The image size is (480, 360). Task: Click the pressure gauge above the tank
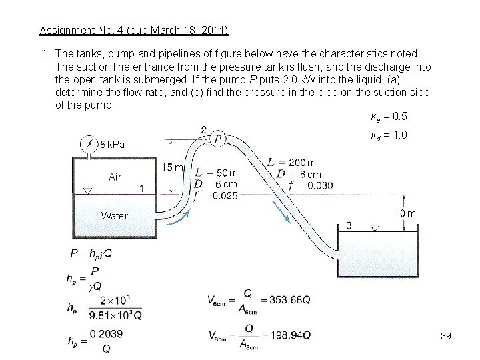[87, 144]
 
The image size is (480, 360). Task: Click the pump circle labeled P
[217, 139]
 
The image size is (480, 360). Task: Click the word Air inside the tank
[115, 177]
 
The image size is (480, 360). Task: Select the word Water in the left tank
[114, 215]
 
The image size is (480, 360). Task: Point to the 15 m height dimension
[173, 167]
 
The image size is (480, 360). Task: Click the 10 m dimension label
[405, 213]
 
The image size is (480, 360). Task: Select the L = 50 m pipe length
[215, 173]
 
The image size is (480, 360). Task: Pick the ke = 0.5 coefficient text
[389, 117]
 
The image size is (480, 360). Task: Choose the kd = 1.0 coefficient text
[389, 135]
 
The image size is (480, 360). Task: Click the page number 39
[446, 336]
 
